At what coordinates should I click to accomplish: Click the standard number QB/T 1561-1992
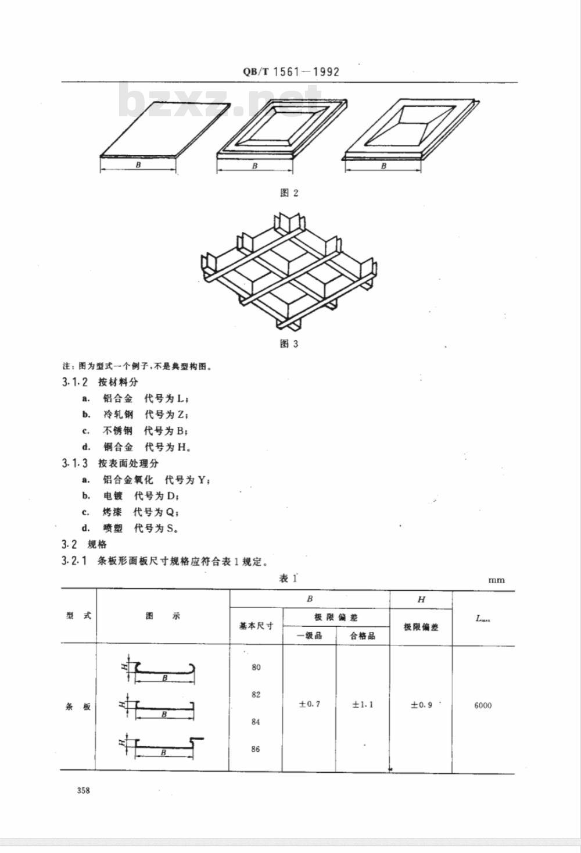point(291,72)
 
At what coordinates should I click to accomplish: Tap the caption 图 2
point(289,193)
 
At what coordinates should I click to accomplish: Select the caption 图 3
point(289,344)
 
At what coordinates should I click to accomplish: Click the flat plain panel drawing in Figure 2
point(165,130)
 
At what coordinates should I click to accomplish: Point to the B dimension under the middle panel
point(255,166)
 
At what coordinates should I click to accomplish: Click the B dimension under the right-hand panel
point(383,166)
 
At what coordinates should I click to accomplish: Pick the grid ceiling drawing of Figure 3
point(289,271)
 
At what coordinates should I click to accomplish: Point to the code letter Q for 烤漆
point(170,512)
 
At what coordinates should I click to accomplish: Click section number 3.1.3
point(74,463)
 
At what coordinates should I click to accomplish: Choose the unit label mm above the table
point(497,580)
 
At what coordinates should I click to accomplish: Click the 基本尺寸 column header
point(256,626)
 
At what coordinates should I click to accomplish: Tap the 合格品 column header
point(363,636)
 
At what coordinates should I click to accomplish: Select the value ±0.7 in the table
point(309,704)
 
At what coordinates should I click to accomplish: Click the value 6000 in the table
point(483,705)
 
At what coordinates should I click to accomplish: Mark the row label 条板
point(78,707)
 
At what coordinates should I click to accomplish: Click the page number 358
point(83,790)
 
